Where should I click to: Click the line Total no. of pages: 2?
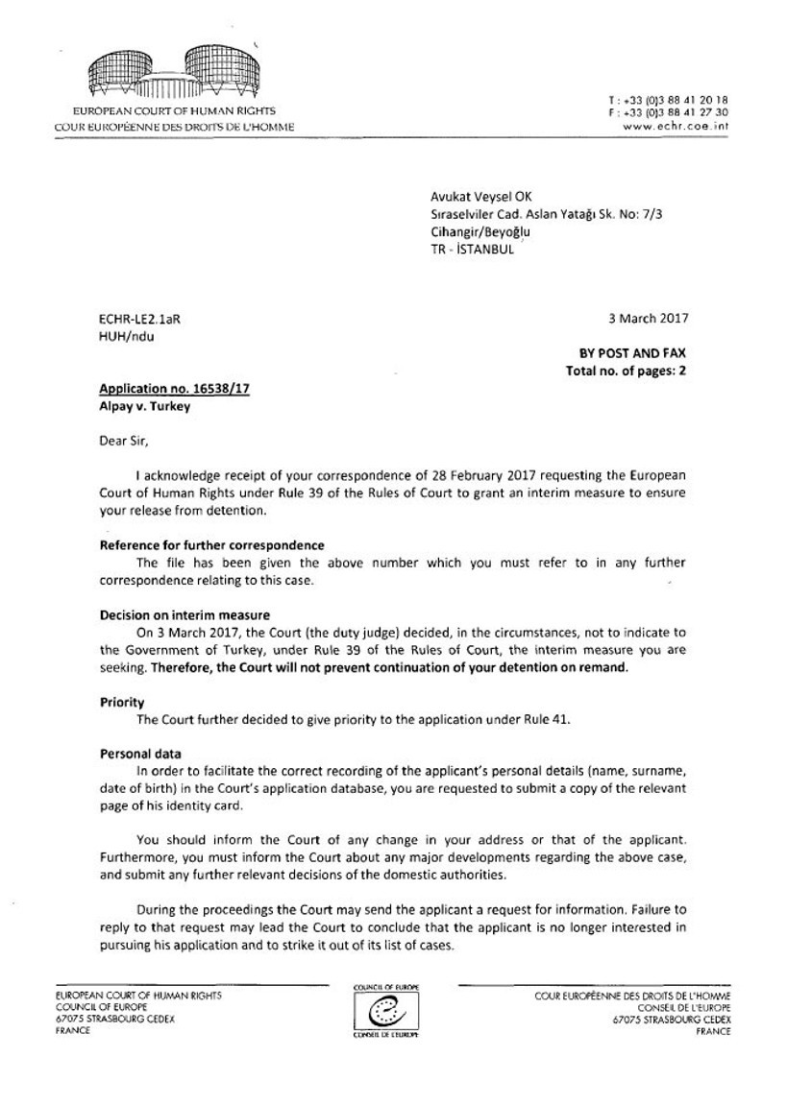(627, 370)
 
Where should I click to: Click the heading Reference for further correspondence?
(212, 545)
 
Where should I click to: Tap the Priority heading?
(122, 702)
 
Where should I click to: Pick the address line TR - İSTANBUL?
(472, 249)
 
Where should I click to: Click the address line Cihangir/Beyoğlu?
(480, 231)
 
